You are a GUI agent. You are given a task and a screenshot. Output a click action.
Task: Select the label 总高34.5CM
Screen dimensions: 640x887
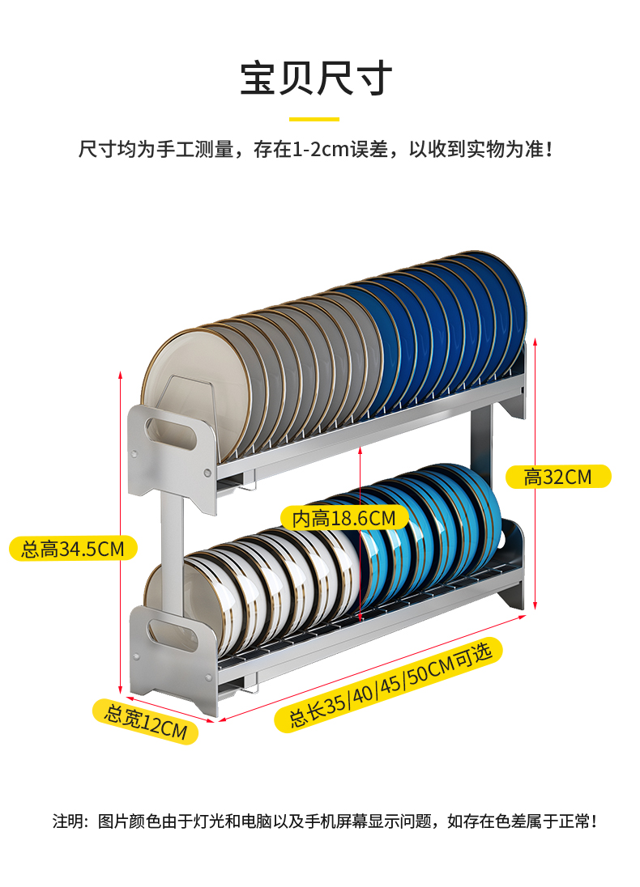coord(72,549)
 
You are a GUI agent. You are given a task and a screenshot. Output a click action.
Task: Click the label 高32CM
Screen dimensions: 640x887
coord(557,477)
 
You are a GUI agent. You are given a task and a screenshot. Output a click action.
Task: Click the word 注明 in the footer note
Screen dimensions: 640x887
coord(69,821)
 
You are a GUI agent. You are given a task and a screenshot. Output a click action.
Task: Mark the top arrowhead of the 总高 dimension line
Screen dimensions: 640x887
coord(121,375)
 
